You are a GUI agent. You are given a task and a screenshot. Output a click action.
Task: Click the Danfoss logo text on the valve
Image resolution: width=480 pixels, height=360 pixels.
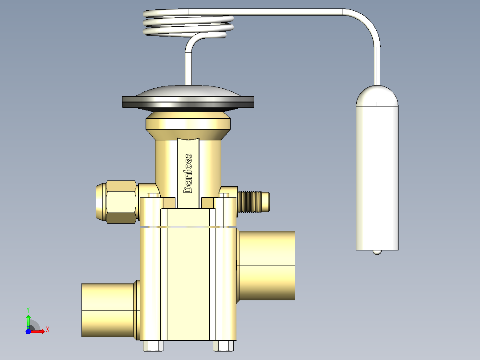point(187,173)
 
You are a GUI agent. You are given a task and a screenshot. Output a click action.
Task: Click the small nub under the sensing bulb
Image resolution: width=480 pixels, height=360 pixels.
point(377,253)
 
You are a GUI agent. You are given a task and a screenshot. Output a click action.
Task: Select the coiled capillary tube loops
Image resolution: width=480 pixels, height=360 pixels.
point(188,23)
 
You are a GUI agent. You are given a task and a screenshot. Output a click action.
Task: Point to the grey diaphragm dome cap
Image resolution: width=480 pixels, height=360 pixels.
point(188,91)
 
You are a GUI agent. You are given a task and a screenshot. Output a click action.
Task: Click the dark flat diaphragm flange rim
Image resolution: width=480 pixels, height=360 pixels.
point(188,102)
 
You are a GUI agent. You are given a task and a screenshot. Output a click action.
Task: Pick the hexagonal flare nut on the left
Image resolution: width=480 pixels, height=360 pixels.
point(121,201)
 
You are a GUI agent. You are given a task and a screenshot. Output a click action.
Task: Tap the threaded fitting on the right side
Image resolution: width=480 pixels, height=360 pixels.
point(253,201)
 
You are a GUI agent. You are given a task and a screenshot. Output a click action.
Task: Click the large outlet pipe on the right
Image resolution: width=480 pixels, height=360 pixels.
point(266,266)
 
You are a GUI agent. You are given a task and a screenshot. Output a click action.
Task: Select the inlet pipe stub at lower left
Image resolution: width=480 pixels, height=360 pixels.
point(109,310)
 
